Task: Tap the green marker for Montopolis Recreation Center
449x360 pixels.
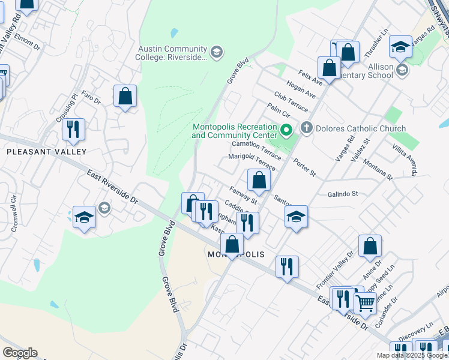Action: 287,129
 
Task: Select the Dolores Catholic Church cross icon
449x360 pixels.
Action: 307,127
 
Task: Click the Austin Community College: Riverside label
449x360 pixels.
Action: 173,53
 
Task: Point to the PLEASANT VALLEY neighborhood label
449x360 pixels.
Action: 46,152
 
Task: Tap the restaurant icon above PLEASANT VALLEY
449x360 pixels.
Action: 73,130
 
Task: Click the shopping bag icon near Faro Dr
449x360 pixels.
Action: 125,96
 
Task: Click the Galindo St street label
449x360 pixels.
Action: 343,194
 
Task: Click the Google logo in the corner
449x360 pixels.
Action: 20,353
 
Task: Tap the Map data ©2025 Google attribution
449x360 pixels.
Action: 412,355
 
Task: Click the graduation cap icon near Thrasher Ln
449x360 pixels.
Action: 400,47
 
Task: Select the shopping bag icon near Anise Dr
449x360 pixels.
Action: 370,246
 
